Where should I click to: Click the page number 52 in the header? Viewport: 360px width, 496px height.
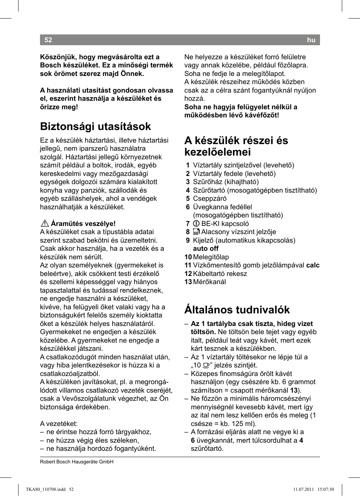tap(48, 40)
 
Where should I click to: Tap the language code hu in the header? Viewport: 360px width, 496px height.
tap(311, 40)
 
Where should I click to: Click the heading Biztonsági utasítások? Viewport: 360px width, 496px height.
tap(96, 127)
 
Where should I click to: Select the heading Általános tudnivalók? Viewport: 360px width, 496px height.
tap(237, 310)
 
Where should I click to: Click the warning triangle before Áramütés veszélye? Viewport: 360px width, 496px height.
tap(45, 223)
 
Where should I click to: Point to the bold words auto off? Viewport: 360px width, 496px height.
tap(206, 249)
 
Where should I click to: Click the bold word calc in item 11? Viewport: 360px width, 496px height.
tap(313, 265)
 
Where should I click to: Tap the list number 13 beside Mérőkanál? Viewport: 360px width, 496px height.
tap(188, 282)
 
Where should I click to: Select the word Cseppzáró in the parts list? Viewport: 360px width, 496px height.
tap(210, 199)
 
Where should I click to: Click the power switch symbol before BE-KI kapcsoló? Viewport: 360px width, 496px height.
tap(196, 224)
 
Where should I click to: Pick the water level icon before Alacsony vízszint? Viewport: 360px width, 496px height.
tap(196, 232)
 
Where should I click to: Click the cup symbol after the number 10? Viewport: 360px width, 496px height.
tap(206, 365)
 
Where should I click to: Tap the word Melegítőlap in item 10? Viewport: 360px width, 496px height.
tap(211, 257)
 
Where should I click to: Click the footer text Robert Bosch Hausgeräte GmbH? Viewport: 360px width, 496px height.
tap(77, 462)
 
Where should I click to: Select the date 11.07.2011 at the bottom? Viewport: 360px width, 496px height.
tap(303, 489)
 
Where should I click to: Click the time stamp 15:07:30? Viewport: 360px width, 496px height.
tap(326, 489)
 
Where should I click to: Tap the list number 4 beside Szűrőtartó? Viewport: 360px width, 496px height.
tap(188, 190)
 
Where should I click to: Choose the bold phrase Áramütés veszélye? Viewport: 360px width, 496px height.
tap(83, 224)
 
